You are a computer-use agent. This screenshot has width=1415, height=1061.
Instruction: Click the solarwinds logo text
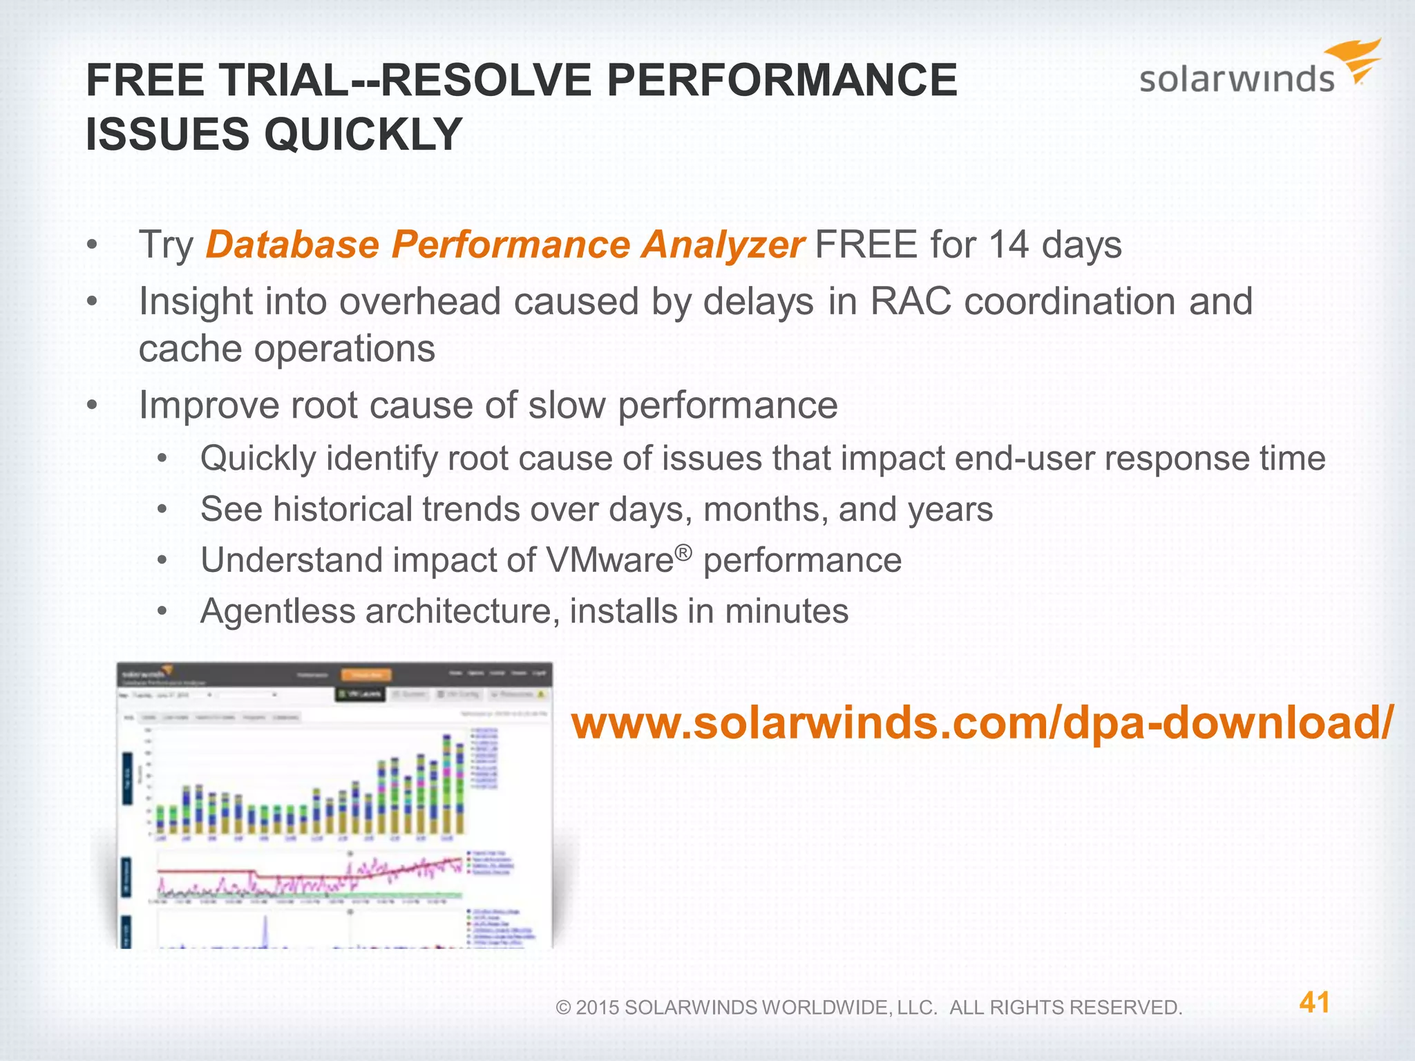1236,79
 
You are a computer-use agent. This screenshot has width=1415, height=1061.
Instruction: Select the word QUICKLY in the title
363,134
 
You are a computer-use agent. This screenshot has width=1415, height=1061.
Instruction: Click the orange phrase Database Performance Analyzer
504,245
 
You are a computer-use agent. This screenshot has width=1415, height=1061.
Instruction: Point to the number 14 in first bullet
1009,245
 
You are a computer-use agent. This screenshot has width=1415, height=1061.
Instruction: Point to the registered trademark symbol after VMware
683,553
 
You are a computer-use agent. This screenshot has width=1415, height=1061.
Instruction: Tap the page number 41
1314,1002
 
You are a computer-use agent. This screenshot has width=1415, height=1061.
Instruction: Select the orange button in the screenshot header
366,675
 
